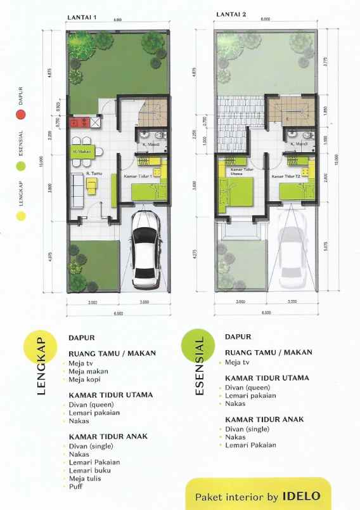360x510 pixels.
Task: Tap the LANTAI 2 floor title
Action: click(230, 13)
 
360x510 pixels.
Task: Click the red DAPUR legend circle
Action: click(20, 115)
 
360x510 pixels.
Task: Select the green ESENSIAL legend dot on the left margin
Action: click(20, 166)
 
